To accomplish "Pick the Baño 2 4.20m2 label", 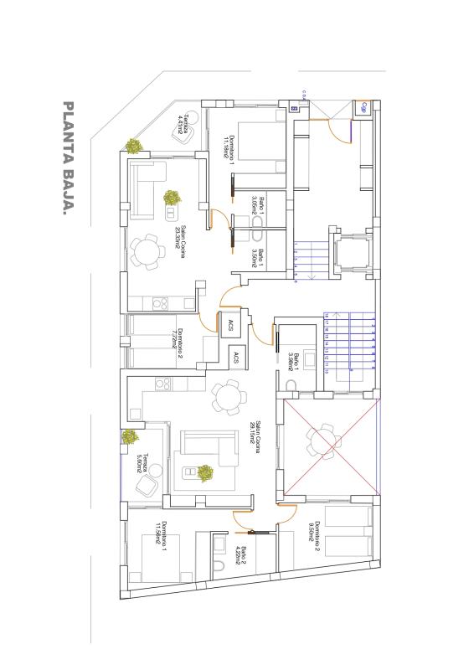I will [240, 555].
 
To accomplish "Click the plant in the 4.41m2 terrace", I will [133, 146].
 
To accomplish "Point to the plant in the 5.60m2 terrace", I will [130, 436].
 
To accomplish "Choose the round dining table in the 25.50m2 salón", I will [148, 251].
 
